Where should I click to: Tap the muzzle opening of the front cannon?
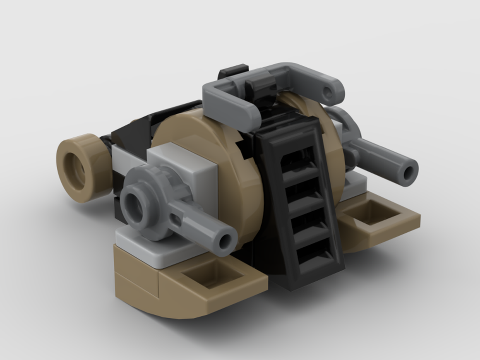(225, 240)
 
